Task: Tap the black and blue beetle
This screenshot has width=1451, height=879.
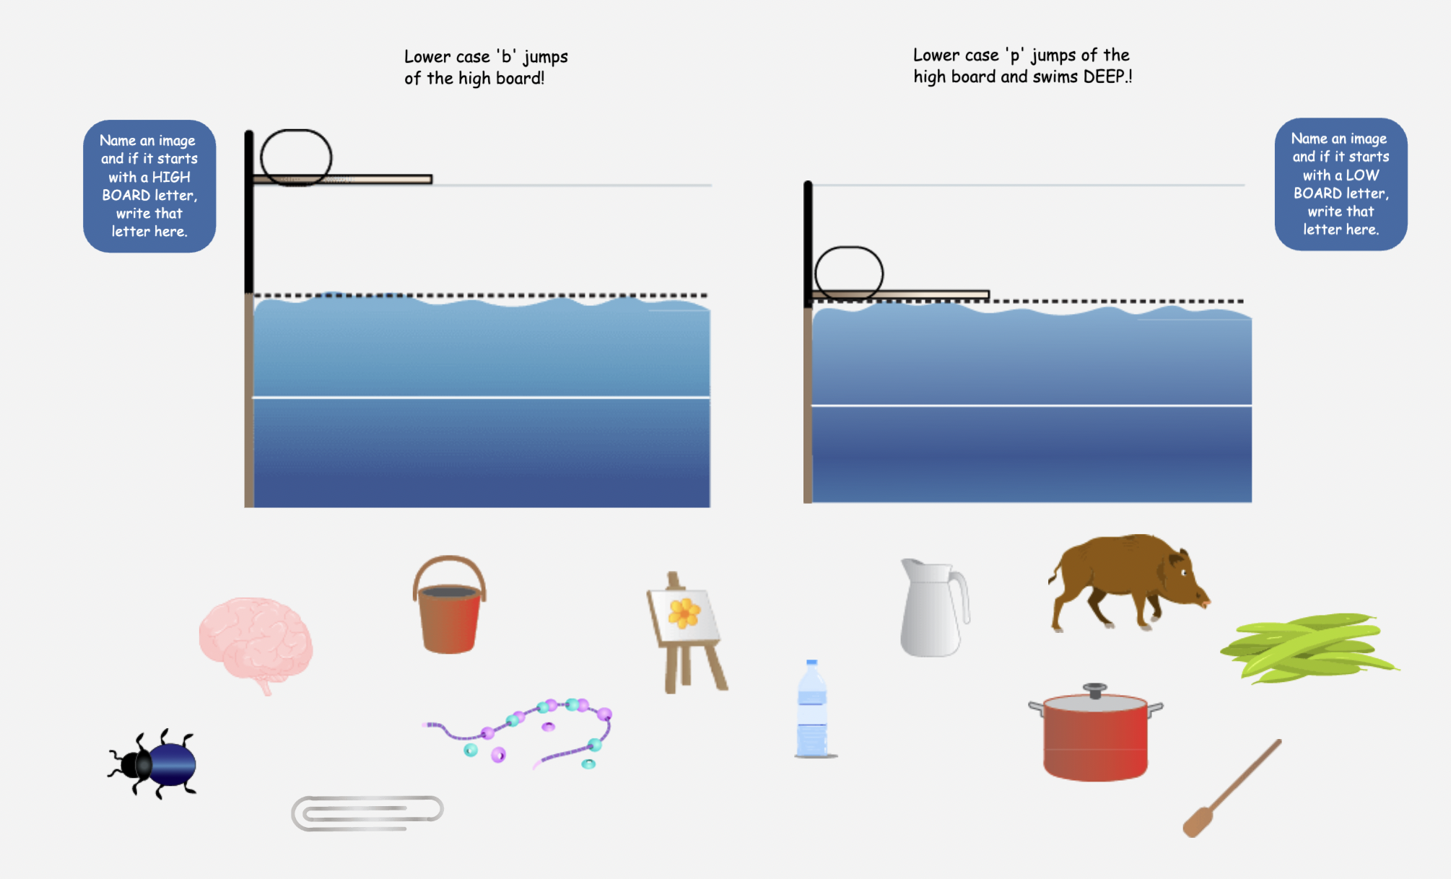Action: pos(154,764)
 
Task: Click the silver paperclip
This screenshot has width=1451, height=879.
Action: pos(367,813)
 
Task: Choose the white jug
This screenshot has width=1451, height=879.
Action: pos(933,608)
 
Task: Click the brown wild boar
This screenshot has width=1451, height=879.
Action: pos(1128,582)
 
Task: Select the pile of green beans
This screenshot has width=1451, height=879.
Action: pos(1309,647)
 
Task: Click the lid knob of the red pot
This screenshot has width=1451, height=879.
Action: pos(1095,690)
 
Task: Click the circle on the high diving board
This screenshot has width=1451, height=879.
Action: pos(296,157)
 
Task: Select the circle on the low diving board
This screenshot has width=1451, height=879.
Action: pos(849,274)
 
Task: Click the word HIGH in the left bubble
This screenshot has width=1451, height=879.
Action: pos(171,177)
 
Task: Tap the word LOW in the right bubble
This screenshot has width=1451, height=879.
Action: pos(1362,175)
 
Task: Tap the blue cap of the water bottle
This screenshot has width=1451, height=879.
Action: pos(811,662)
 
